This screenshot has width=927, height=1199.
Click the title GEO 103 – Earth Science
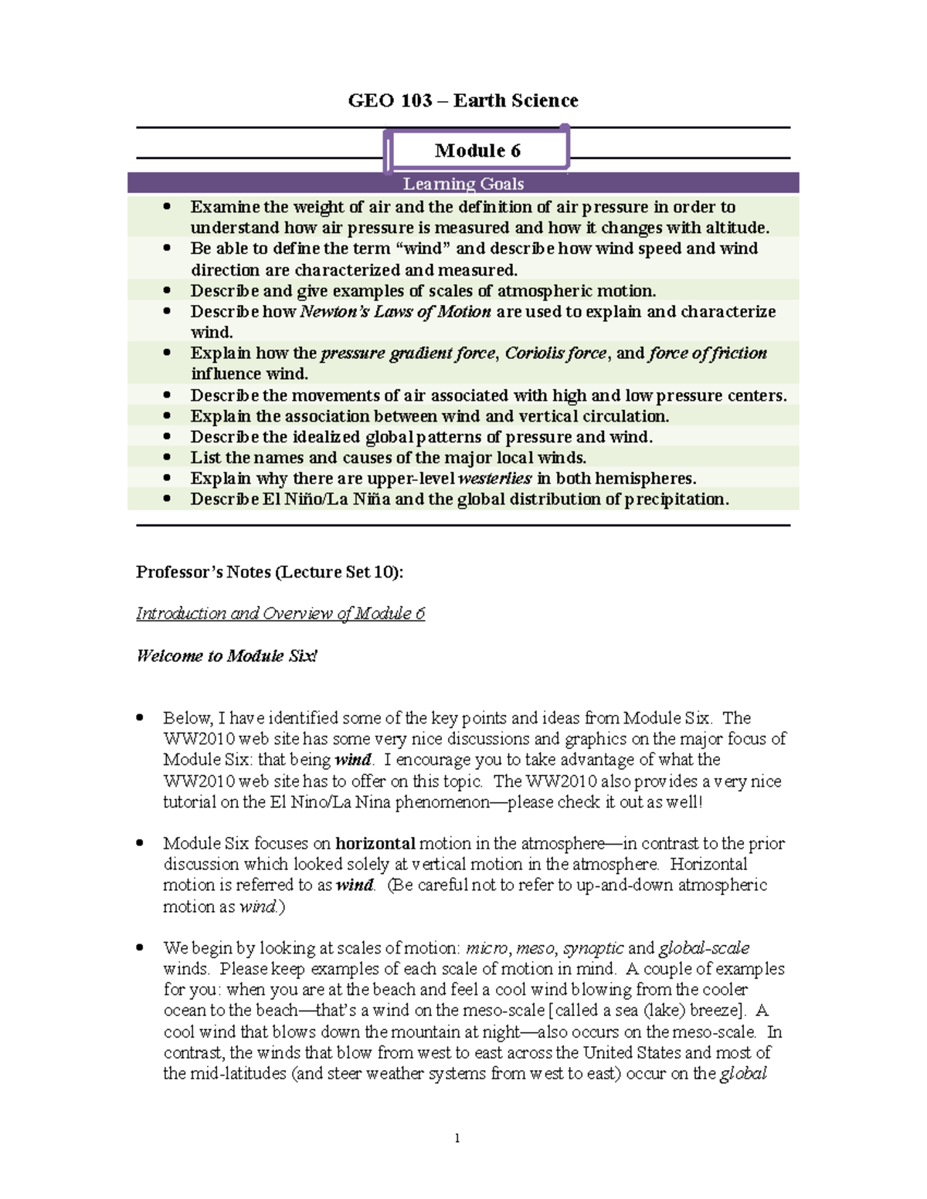pos(463,101)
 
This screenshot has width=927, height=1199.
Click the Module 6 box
pos(478,150)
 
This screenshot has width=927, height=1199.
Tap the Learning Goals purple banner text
pos(463,184)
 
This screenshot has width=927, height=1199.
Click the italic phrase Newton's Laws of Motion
pos(395,312)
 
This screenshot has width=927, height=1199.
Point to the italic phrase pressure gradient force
pos(408,354)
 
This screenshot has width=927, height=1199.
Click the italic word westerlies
pos(494,479)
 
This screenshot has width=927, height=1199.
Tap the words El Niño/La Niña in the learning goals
pos(327,500)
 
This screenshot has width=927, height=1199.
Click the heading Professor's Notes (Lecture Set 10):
pos(270,572)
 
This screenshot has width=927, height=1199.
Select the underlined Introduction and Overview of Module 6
pos(280,614)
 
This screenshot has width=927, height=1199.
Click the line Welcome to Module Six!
pos(226,656)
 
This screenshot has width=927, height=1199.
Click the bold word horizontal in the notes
pos(375,844)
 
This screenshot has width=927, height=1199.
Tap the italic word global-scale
pos(704,948)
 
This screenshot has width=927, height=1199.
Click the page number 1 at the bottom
pos(457,1138)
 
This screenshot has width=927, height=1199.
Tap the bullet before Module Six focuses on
pos(139,844)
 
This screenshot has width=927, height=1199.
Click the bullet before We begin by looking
pos(139,948)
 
